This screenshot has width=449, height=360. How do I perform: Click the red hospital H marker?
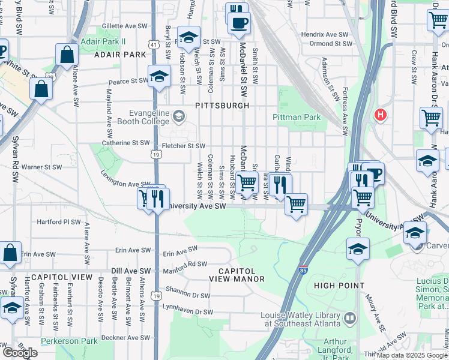coord(380,114)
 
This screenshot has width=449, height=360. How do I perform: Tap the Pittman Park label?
coord(297,118)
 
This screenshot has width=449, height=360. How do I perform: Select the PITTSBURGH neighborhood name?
coord(222,106)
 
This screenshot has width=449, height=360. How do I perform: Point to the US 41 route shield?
coord(155,44)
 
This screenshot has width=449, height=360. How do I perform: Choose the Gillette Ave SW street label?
coord(124,26)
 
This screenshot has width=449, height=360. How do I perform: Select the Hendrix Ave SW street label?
coord(325,35)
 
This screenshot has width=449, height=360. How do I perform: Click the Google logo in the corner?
coord(19,353)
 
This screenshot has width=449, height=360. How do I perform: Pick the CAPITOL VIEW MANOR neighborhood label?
coord(237,275)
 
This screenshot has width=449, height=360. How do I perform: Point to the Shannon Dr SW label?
coord(188,295)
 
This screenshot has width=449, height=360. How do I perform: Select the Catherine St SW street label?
coord(125,143)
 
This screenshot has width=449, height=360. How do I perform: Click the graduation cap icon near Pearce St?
coord(159,76)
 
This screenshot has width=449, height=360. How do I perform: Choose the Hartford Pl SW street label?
coord(59,221)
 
